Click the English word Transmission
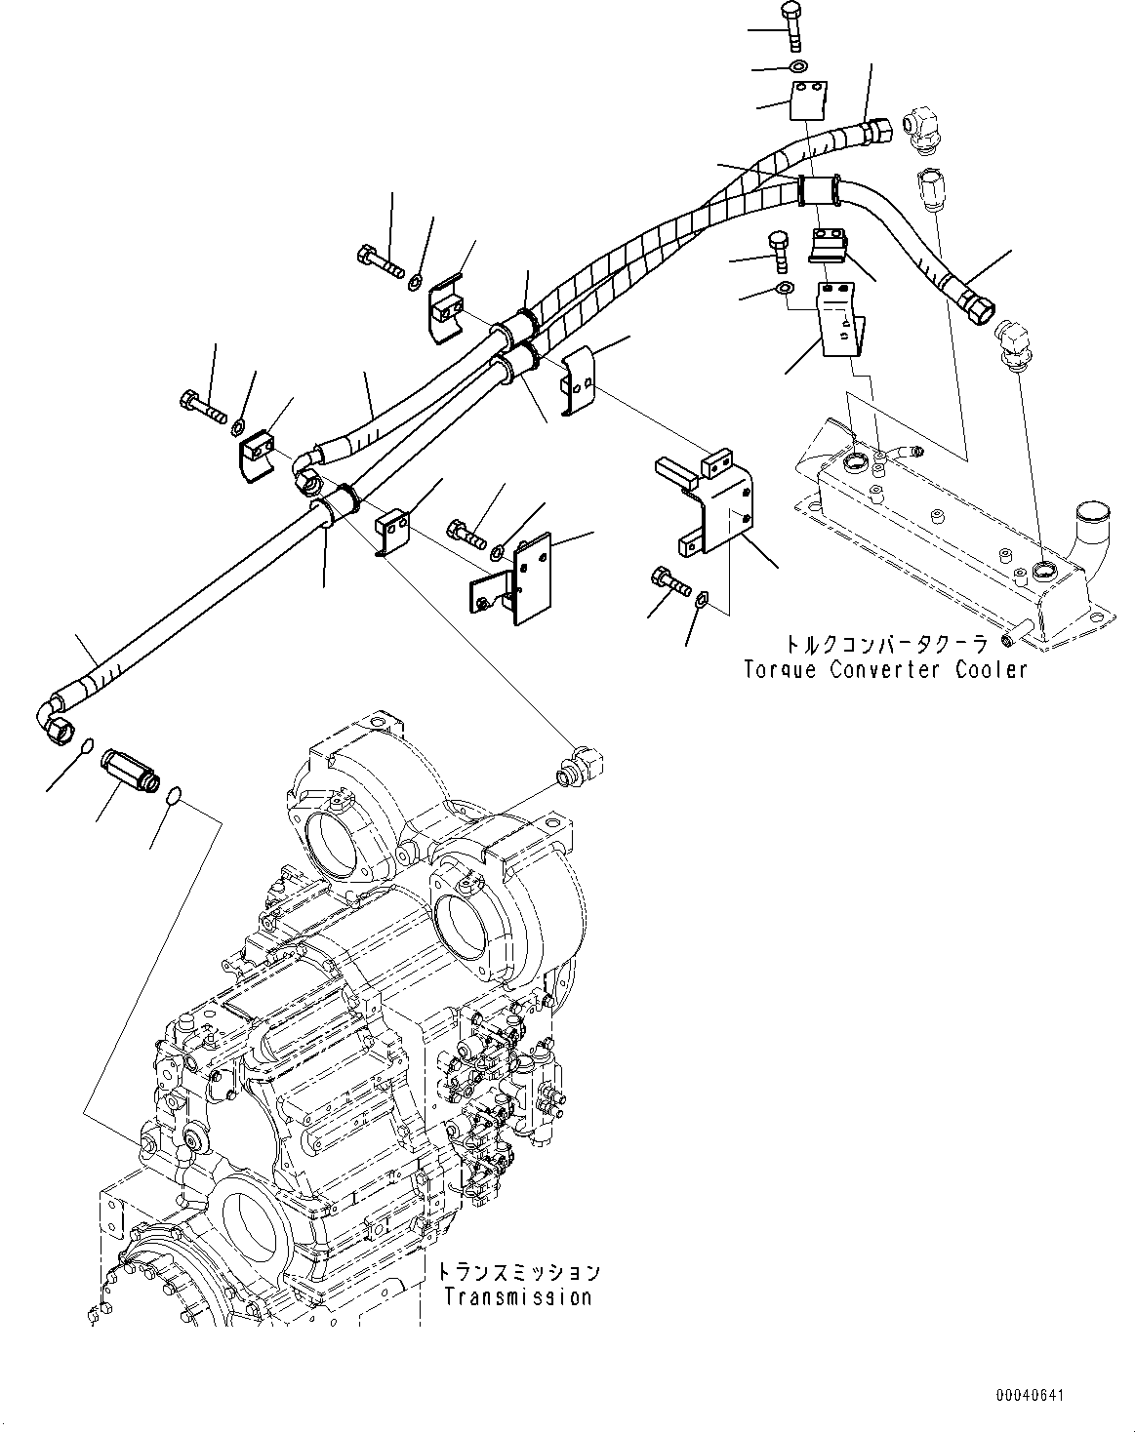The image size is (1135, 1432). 517,1296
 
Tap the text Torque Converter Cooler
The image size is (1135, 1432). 884,670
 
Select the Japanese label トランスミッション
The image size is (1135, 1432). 517,1273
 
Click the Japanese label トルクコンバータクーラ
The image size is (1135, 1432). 884,644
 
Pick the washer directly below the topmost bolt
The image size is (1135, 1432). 797,67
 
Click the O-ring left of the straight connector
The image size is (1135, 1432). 86,746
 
